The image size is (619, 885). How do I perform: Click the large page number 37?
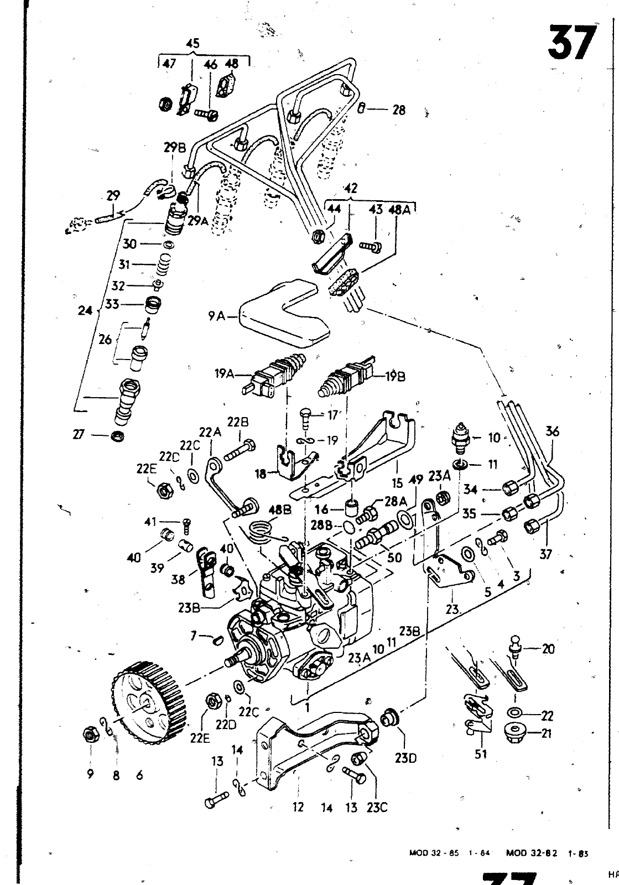pos(573,43)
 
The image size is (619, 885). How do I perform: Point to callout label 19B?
pos(394,377)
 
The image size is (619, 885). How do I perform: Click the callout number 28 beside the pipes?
pos(399,110)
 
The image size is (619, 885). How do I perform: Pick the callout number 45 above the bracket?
pos(193,44)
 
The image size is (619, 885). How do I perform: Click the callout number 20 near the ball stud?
pos(548,649)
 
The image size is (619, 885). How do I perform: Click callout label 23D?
pos(405,757)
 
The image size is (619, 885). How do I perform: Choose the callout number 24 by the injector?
pos(85,311)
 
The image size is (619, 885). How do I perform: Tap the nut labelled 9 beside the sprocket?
pos(88,735)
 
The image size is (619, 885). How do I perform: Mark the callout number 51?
pos(481,753)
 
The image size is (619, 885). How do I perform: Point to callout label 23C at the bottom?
pos(376,808)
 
